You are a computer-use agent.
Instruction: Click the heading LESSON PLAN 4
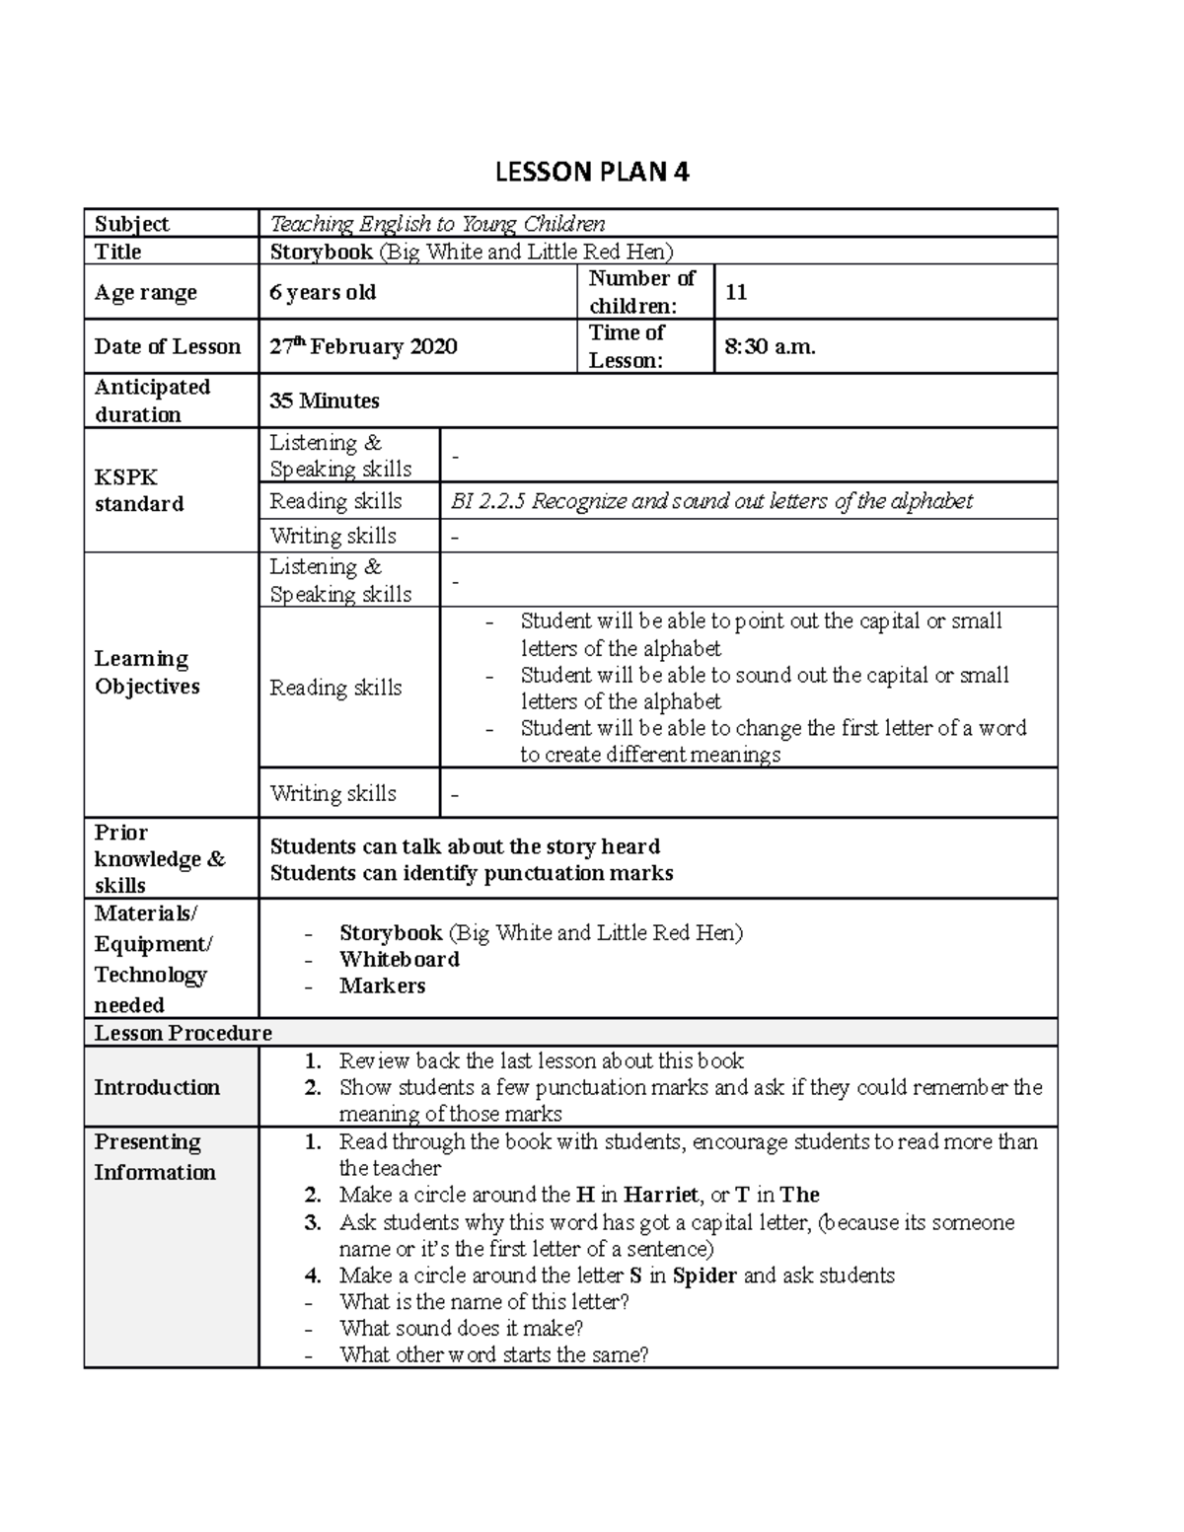coord(591,173)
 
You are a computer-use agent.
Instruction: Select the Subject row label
coord(131,224)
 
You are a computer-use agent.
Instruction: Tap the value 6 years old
coord(323,293)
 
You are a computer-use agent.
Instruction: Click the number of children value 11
coord(736,292)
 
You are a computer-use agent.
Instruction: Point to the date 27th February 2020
coord(363,346)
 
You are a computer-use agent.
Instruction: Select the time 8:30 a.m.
coord(770,346)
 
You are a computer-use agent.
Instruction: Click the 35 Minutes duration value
coord(325,401)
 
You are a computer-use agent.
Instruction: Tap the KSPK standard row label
coord(139,490)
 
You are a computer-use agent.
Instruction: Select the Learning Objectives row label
coord(147,673)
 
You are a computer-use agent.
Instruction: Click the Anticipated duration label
coord(152,401)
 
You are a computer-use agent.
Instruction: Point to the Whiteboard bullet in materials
coord(399,959)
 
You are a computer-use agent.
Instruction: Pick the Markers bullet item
coord(382,985)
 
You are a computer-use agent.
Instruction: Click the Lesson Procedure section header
coord(183,1033)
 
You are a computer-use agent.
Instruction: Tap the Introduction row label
coord(156,1087)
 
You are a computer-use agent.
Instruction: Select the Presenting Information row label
coord(154,1157)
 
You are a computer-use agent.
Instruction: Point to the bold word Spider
coord(704,1276)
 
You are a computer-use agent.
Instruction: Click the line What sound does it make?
coord(461,1328)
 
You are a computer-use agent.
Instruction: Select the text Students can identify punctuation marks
coord(472,873)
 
